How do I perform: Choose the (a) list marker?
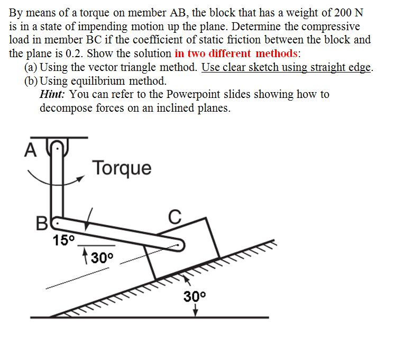[31, 67]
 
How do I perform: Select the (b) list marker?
[31, 81]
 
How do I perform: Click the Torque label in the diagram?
[122, 168]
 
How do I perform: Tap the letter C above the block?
[175, 217]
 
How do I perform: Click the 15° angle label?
[64, 240]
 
